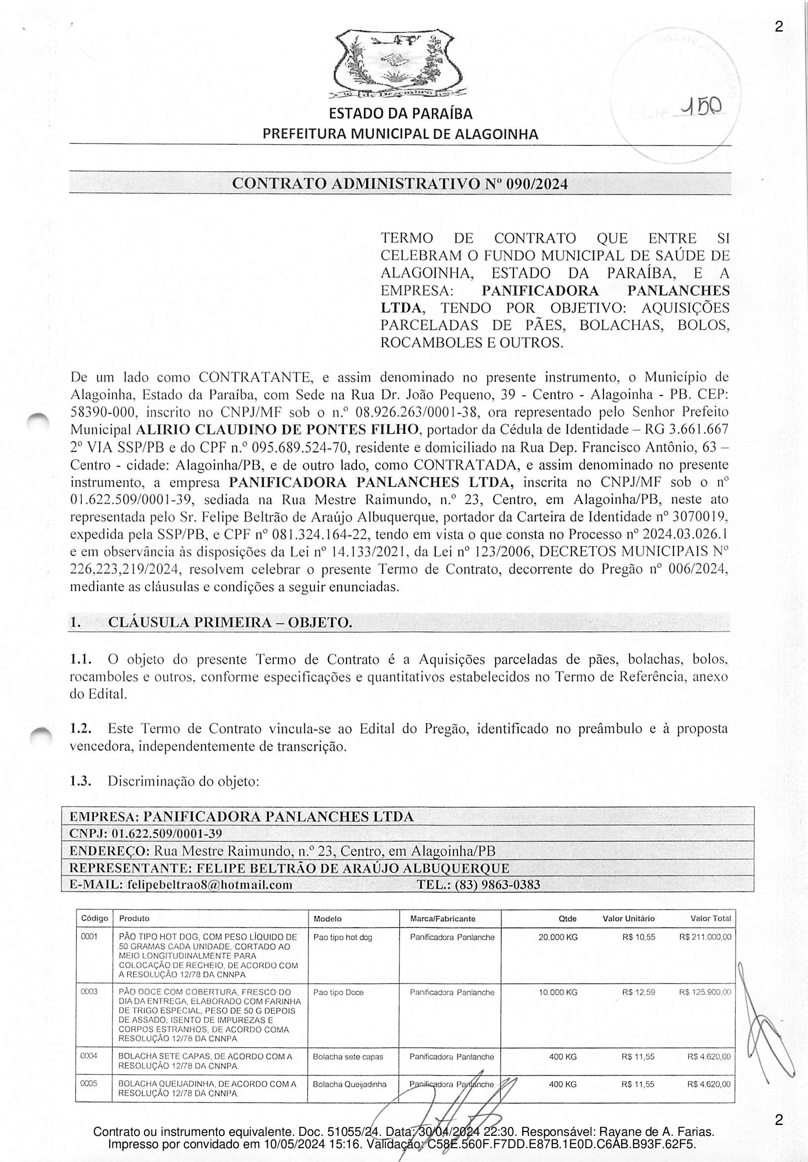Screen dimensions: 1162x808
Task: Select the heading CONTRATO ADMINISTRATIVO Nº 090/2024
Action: (400, 183)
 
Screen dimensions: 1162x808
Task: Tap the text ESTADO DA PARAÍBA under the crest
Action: (400, 114)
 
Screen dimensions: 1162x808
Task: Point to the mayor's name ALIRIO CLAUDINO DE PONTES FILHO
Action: (278, 430)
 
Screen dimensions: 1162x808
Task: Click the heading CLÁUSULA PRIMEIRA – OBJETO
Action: (230, 622)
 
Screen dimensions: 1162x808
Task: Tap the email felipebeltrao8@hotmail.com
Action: (210, 884)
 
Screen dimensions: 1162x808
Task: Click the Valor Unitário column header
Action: (629, 918)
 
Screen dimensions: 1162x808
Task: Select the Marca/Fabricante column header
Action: (443, 918)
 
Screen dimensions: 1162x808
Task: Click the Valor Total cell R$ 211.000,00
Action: (705, 937)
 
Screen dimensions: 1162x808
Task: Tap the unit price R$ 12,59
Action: (638, 992)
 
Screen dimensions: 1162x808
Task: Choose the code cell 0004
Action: (89, 1056)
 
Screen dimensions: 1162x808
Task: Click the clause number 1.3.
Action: (80, 781)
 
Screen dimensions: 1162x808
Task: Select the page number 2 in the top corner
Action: (778, 27)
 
